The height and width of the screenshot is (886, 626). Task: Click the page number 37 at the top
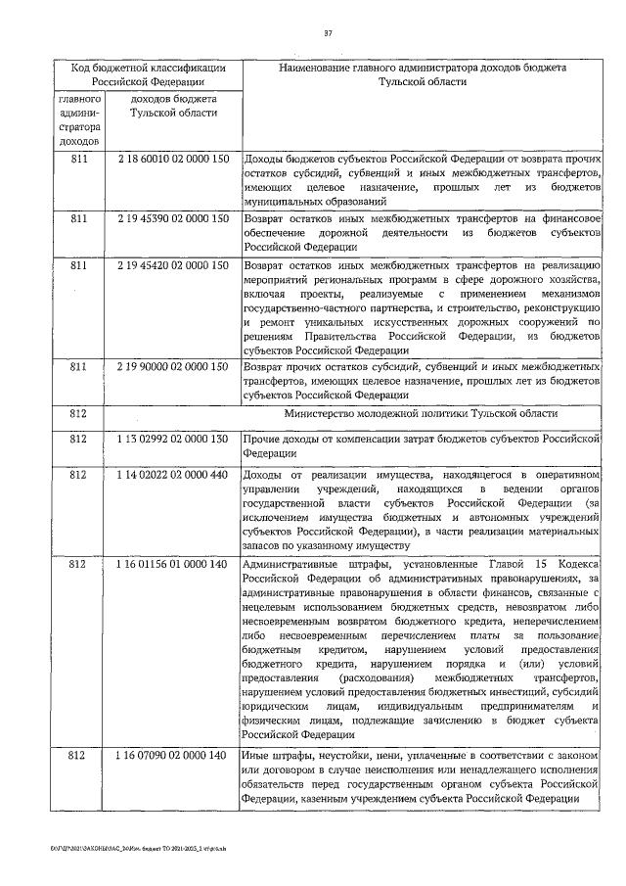point(329,36)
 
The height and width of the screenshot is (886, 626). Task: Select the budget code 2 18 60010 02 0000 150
point(172,158)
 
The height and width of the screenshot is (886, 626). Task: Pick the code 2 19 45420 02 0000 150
point(172,264)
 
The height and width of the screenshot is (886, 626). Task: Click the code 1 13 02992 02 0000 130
point(172,439)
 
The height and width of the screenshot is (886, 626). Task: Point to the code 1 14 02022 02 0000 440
point(172,475)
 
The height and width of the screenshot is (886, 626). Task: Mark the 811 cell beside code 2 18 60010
point(77,158)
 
